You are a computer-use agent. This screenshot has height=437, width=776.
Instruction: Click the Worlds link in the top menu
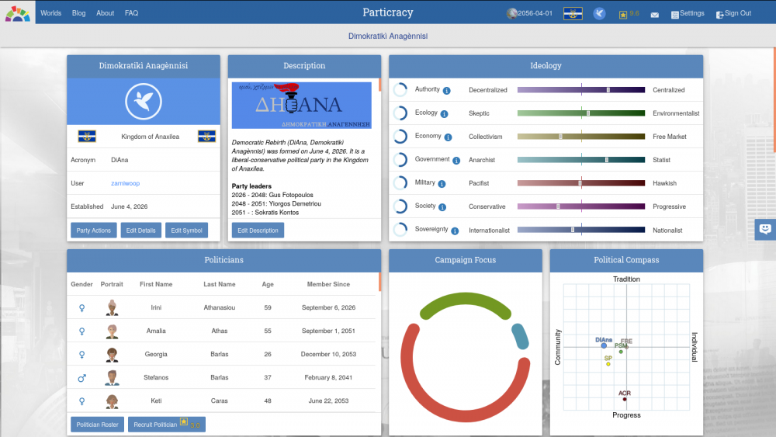pyautogui.click(x=50, y=13)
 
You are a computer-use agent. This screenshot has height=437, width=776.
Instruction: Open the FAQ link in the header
pyautogui.click(x=131, y=13)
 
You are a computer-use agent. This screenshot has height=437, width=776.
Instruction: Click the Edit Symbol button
pyautogui.click(x=186, y=231)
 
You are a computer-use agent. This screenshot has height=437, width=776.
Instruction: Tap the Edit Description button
pyautogui.click(x=258, y=231)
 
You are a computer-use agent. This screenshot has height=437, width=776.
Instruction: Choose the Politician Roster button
pyautogui.click(x=97, y=425)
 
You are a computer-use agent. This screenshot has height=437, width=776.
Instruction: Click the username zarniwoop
pyautogui.click(x=125, y=183)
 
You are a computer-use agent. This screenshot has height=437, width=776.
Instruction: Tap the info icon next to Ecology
pyautogui.click(x=445, y=114)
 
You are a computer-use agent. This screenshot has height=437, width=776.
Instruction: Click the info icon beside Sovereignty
pyautogui.click(x=455, y=231)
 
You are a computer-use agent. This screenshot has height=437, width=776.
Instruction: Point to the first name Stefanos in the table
pyautogui.click(x=156, y=378)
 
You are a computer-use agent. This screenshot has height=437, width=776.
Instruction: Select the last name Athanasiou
pyautogui.click(x=220, y=308)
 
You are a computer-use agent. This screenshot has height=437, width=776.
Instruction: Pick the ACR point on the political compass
pyautogui.click(x=625, y=399)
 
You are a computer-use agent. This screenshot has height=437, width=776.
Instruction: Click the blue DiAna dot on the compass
pyautogui.click(x=604, y=346)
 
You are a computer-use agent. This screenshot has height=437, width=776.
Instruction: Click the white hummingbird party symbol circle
pyautogui.click(x=143, y=102)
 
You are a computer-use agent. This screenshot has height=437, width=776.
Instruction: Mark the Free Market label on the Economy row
pyautogui.click(x=670, y=137)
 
